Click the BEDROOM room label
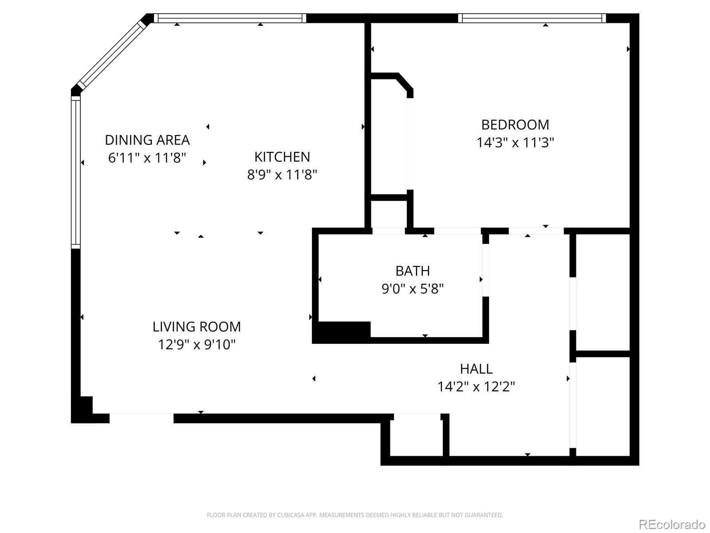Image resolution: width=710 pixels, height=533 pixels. pyautogui.click(x=515, y=124)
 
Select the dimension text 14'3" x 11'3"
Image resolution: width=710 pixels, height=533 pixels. pyautogui.click(x=515, y=143)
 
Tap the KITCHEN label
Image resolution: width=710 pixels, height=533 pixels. pyautogui.click(x=282, y=157)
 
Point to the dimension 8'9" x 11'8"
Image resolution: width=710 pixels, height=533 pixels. pyautogui.click(x=282, y=175)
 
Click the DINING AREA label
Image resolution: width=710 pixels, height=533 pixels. pyautogui.click(x=147, y=140)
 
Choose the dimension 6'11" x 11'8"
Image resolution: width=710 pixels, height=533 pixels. pyautogui.click(x=147, y=158)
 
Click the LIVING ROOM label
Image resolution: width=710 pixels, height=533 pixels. pyautogui.click(x=197, y=327)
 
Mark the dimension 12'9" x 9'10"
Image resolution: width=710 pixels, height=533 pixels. pyautogui.click(x=197, y=345)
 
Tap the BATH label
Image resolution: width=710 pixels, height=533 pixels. pyautogui.click(x=412, y=271)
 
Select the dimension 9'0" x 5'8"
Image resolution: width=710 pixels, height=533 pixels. pyautogui.click(x=412, y=289)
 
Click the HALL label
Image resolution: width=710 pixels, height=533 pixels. pyautogui.click(x=476, y=369)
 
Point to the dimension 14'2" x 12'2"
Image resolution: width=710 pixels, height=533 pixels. pyautogui.click(x=476, y=387)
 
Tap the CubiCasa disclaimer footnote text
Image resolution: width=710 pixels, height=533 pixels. pyautogui.click(x=355, y=515)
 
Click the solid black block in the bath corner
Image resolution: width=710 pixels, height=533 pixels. pyautogui.click(x=342, y=332)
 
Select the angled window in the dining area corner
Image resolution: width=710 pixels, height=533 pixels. pyautogui.click(x=112, y=54)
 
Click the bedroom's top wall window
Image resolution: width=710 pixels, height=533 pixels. pyautogui.click(x=532, y=18)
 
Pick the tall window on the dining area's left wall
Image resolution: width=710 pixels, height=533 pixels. pyautogui.click(x=76, y=172)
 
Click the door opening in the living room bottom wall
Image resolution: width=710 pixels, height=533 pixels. pyautogui.click(x=141, y=418)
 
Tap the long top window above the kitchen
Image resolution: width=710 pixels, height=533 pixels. pyautogui.click(x=229, y=18)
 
